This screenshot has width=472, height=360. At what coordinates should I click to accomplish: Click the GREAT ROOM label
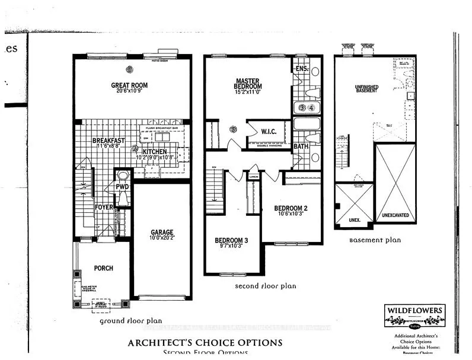coord(129,85)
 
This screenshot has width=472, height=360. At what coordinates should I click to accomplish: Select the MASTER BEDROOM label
coord(248,84)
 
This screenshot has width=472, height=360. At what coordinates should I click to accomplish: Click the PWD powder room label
coord(123,187)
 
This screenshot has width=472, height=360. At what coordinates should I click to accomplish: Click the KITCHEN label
coord(155,152)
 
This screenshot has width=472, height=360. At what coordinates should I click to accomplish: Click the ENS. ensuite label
coord(301,69)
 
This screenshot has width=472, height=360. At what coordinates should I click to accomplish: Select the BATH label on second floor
coord(301,146)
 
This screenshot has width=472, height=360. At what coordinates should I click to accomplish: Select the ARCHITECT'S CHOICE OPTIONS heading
coord(205,343)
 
